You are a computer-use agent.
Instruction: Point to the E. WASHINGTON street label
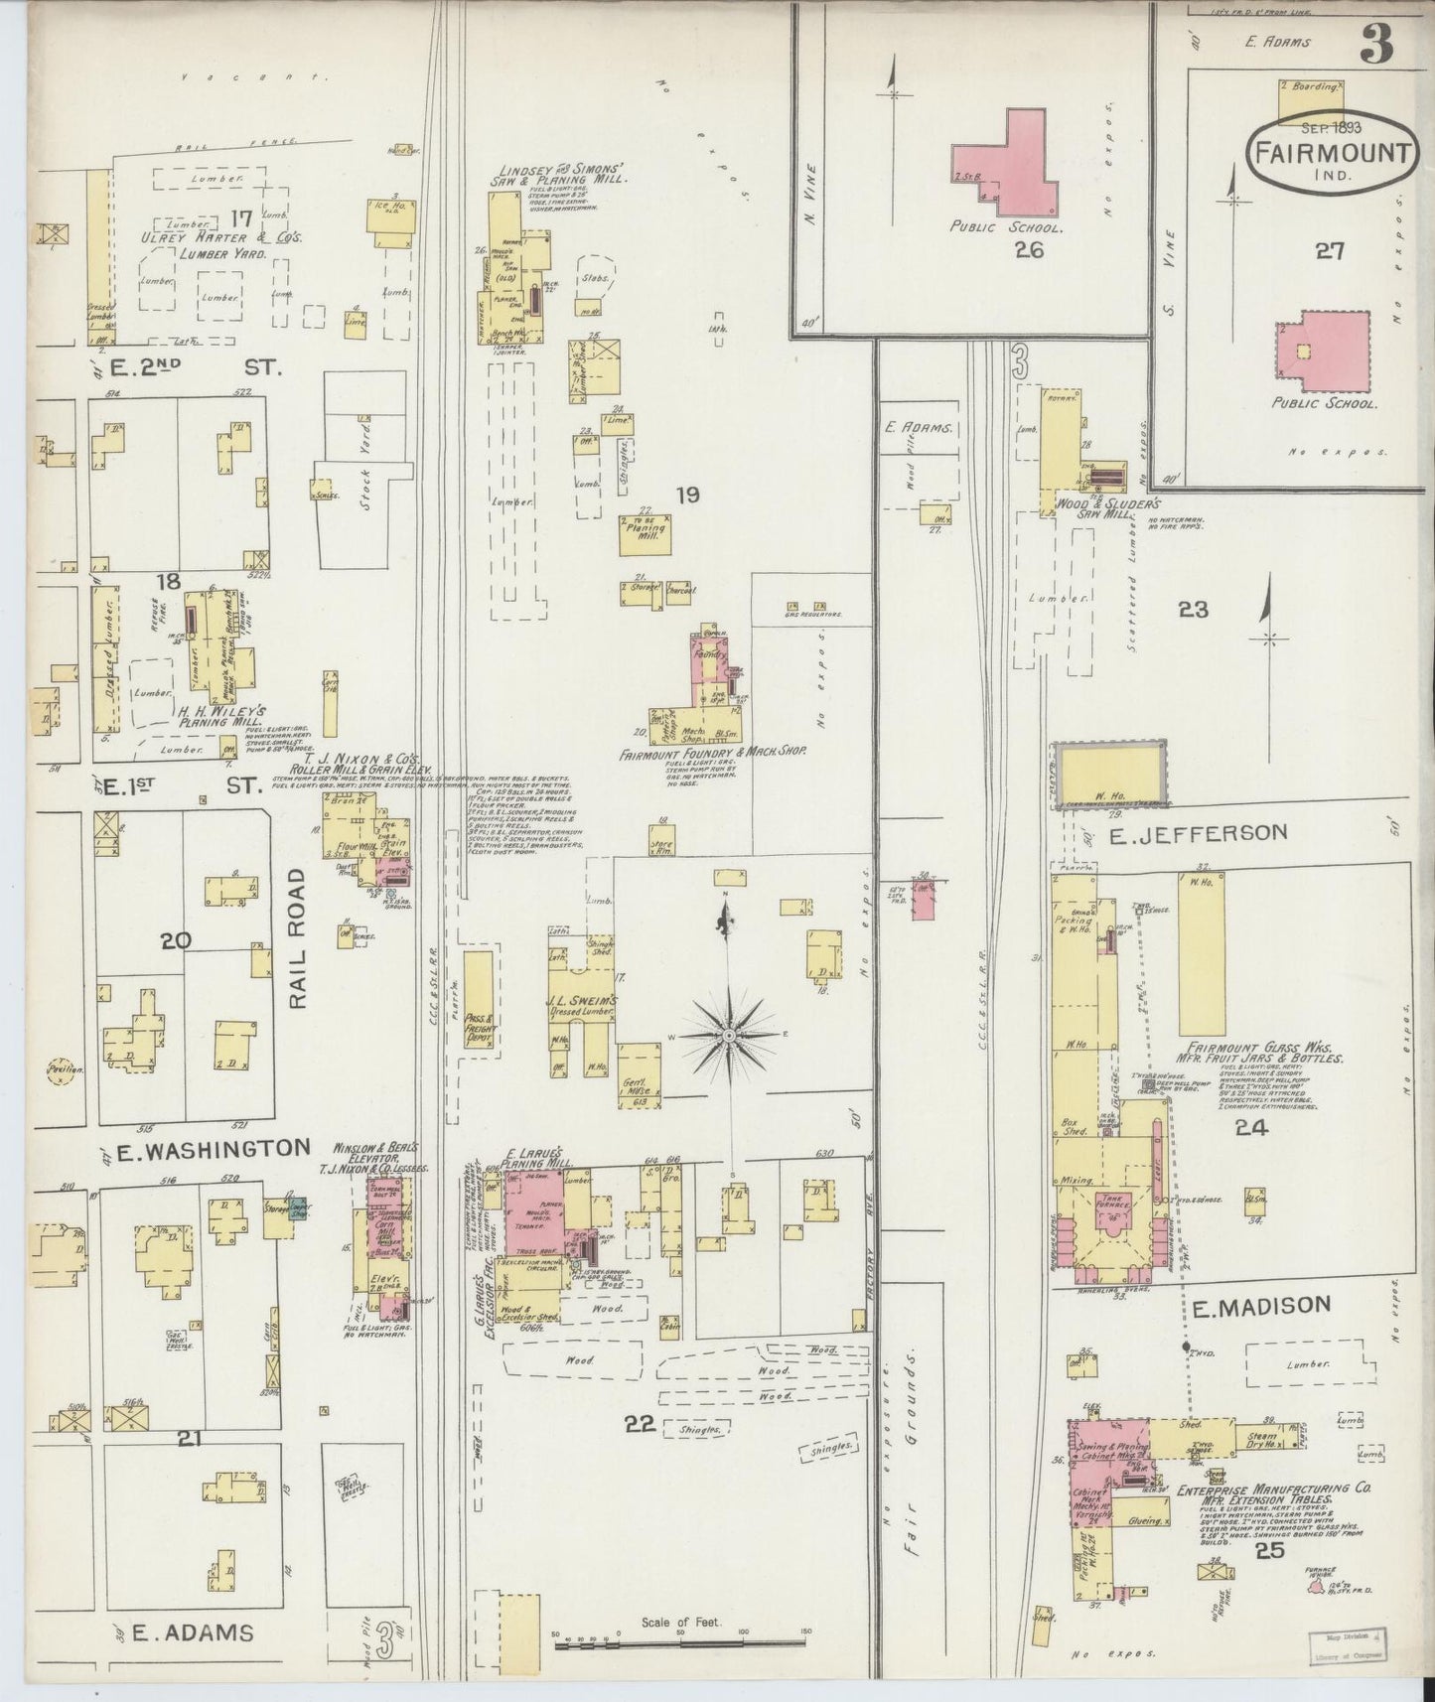pos(211,1150)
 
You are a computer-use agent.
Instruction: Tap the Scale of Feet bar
pos(681,1645)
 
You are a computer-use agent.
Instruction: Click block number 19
pos(687,494)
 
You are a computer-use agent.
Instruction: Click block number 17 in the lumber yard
pos(238,217)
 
